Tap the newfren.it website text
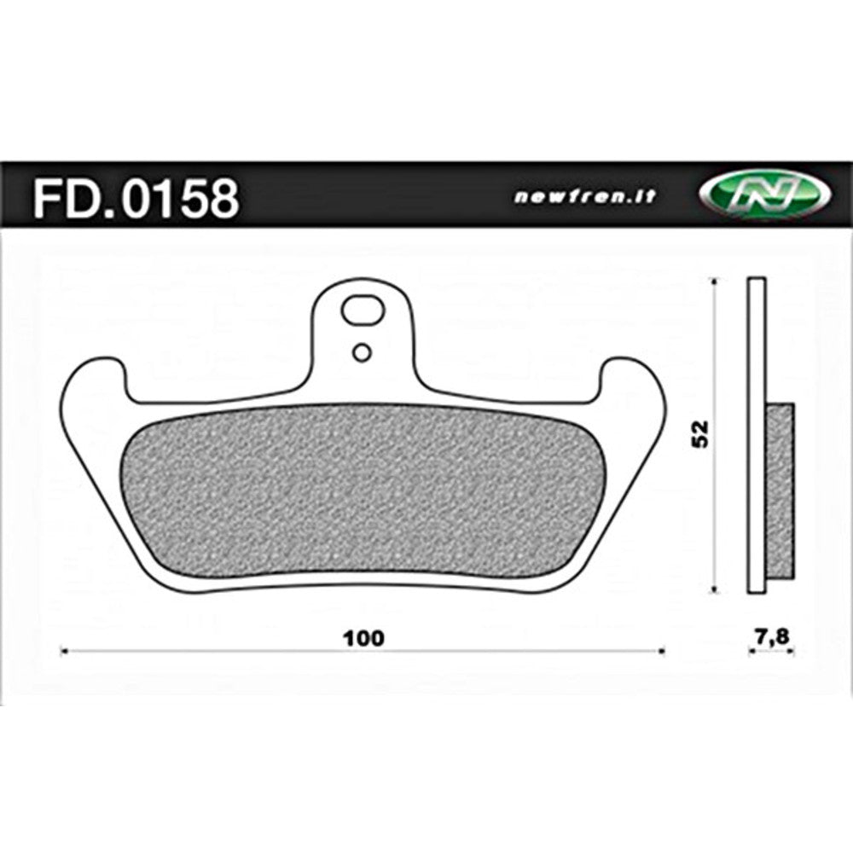point(585,197)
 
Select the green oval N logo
point(763,197)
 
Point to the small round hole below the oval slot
point(363,351)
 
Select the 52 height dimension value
point(702,434)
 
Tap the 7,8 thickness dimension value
point(772,635)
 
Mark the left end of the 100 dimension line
point(65,653)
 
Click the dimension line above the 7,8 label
point(772,653)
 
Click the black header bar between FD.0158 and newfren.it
point(375,197)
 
